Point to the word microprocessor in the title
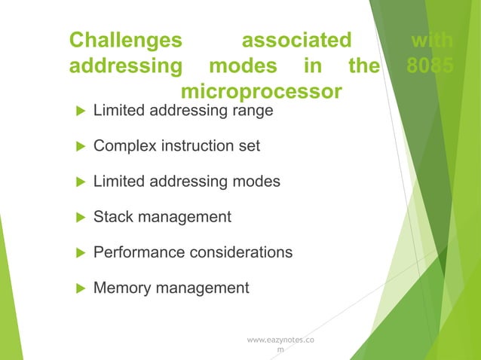(261, 92)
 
